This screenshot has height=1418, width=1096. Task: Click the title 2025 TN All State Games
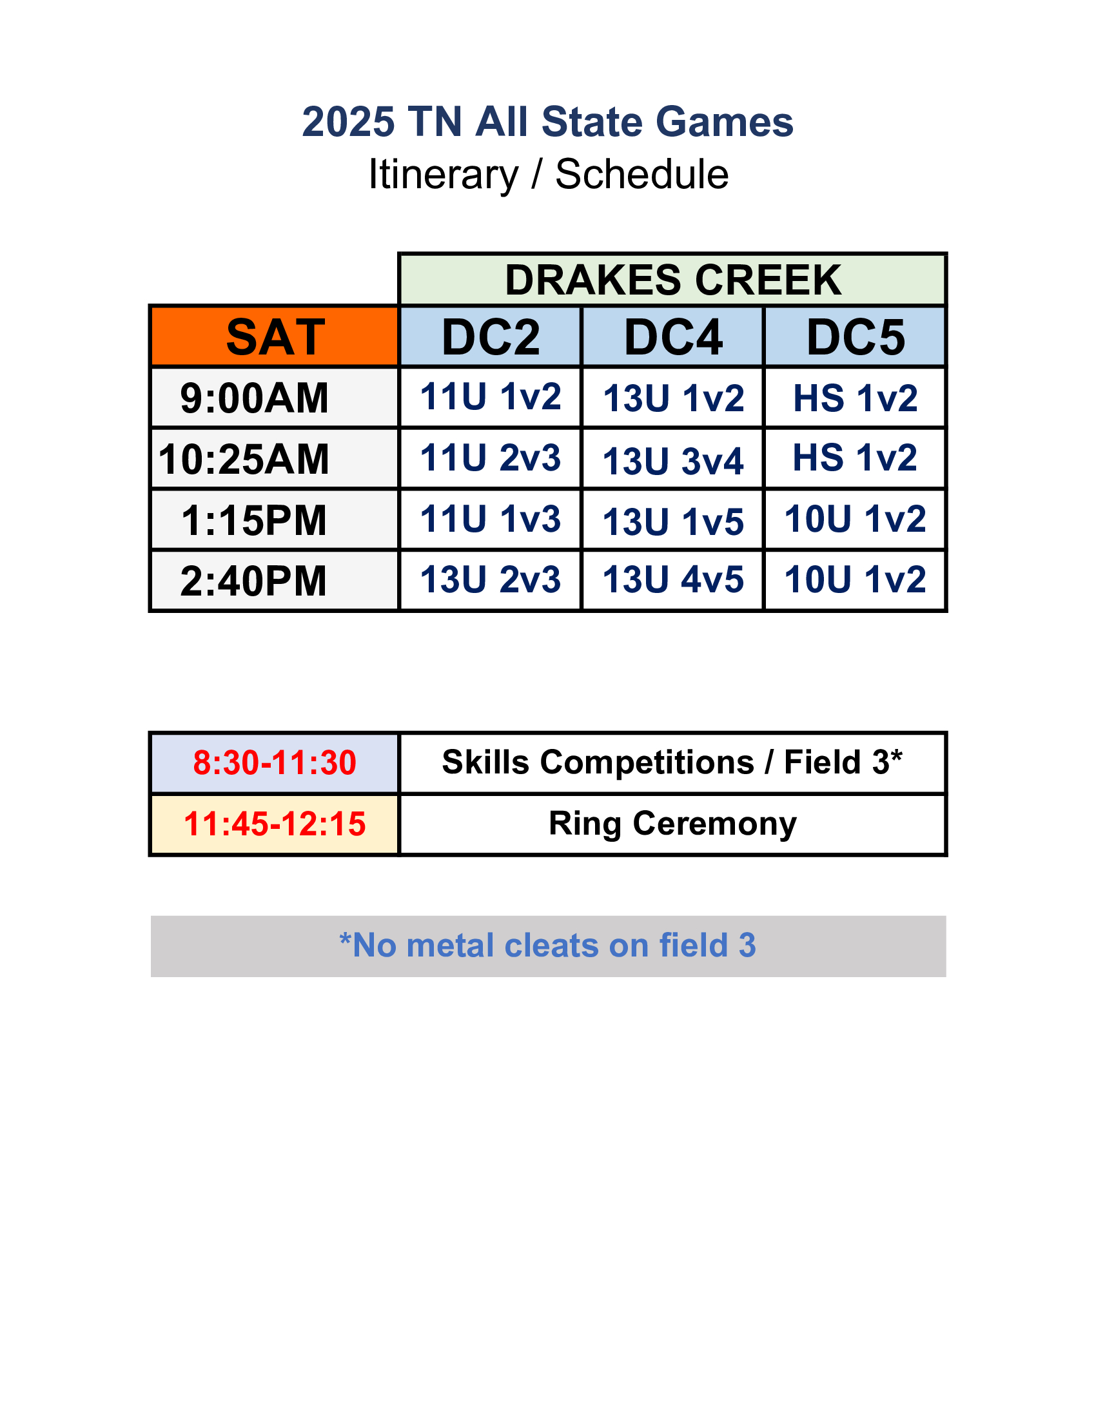(x=547, y=121)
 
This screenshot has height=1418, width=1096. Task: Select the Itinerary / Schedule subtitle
(x=548, y=174)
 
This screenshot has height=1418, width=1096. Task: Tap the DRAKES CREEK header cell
(x=672, y=280)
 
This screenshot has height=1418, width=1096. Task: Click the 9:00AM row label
(x=255, y=398)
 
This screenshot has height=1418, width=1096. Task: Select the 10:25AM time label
(x=244, y=459)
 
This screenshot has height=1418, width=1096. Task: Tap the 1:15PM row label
(x=254, y=520)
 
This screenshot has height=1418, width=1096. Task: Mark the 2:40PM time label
(x=254, y=581)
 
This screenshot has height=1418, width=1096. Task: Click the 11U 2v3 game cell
(x=490, y=458)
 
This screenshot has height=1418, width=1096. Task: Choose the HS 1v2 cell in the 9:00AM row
(x=855, y=398)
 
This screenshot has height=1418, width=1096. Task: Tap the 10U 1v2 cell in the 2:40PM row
(x=855, y=579)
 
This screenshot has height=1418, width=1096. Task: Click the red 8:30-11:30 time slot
(x=275, y=762)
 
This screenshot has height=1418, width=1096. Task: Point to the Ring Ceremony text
(x=672, y=824)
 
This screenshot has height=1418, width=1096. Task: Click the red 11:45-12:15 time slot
(x=275, y=823)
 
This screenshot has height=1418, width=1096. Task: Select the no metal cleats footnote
(x=547, y=945)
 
